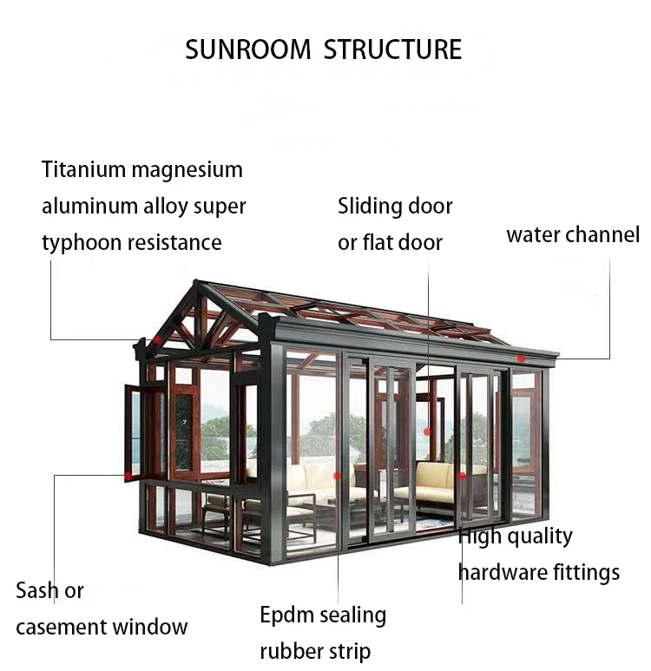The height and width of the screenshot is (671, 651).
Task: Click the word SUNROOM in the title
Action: pos(247,49)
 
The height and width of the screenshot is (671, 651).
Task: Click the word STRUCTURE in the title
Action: pos(392,49)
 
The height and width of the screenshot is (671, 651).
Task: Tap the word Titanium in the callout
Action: pos(84,169)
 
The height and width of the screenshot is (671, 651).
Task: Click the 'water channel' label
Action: pos(572,234)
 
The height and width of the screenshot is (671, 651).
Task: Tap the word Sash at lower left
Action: pos(37,591)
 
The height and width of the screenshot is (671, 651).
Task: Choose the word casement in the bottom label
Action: pos(68,627)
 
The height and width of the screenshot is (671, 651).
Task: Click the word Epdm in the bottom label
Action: pos(288,615)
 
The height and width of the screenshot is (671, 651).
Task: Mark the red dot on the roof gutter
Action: pos(521,358)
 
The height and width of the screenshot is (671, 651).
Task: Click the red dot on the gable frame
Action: pos(157,339)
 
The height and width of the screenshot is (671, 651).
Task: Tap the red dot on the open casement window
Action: pos(128,476)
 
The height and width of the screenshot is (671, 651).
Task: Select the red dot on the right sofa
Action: pos(462,476)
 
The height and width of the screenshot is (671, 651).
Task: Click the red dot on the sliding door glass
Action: pos(426,431)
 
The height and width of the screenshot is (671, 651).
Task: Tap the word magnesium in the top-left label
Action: pos(187,170)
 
